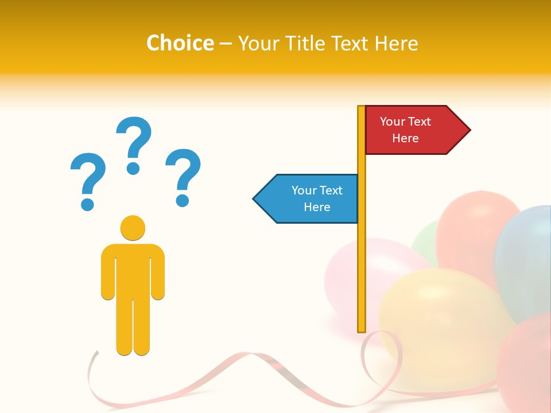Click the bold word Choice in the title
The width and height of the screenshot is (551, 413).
(180, 43)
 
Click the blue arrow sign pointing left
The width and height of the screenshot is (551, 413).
(307, 198)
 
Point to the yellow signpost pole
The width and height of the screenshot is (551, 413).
(362, 258)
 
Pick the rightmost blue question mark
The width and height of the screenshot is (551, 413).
(183, 175)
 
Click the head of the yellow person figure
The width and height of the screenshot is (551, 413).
(133, 228)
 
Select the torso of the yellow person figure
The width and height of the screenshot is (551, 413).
(133, 270)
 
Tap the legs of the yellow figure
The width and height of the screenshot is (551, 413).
(133, 327)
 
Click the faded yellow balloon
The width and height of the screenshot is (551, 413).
(436, 310)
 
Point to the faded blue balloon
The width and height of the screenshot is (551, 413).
(525, 258)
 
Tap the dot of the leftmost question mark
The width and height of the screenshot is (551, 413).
(87, 204)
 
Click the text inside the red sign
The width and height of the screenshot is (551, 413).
(405, 130)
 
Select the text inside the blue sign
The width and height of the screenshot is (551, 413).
(317, 198)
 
